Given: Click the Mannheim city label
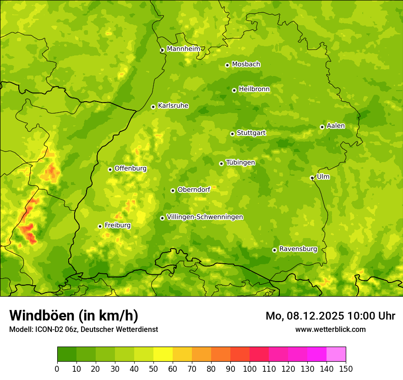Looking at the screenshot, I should [x=183, y=49].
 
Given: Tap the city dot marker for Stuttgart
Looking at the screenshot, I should [x=232, y=134].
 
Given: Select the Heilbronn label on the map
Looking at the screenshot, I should [x=254, y=89].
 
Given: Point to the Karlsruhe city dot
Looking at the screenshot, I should [x=153, y=107].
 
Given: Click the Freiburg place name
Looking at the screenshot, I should [x=117, y=225].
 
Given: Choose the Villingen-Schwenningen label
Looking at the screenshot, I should [x=205, y=217].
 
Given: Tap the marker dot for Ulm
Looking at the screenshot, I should [x=312, y=178].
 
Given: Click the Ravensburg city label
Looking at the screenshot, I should [x=298, y=249].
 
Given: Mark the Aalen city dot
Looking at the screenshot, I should [x=322, y=127].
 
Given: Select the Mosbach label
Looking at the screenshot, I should [x=246, y=65].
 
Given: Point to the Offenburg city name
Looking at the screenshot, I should [x=131, y=168].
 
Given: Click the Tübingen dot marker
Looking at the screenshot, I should [x=221, y=163].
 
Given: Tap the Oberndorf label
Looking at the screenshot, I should [x=194, y=190].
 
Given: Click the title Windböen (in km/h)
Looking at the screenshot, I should [x=73, y=315].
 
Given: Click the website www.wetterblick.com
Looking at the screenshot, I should [x=330, y=329].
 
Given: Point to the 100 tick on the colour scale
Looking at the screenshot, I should [x=250, y=368].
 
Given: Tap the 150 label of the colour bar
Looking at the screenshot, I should [x=346, y=368].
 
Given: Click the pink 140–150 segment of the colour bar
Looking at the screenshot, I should [x=336, y=354].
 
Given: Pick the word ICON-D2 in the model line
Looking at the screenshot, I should [x=47, y=329].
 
